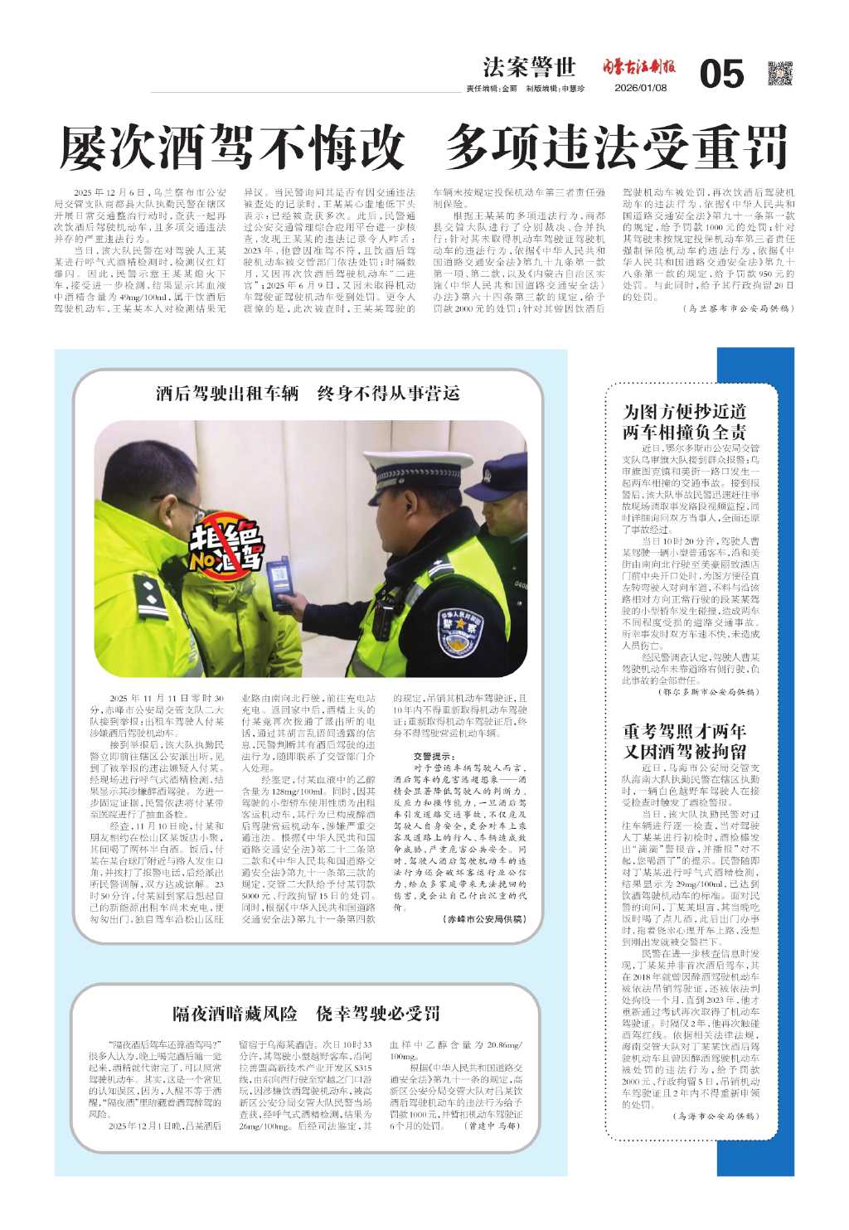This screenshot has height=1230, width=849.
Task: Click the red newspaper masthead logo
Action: click(x=638, y=67)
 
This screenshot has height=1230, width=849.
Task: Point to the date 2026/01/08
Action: click(x=640, y=89)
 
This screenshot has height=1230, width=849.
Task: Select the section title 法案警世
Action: click(x=529, y=67)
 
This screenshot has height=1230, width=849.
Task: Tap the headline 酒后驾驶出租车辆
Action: click(x=227, y=393)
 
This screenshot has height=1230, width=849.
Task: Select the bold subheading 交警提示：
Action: click(x=434, y=756)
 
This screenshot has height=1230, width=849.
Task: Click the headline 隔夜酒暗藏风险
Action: click(x=235, y=1013)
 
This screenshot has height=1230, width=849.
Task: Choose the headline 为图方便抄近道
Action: click(x=684, y=411)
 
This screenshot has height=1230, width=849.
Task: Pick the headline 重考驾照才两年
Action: click(x=684, y=731)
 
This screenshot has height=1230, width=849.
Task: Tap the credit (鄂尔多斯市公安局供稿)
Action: click(x=708, y=691)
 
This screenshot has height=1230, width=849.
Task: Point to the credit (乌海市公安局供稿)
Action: click(x=715, y=1116)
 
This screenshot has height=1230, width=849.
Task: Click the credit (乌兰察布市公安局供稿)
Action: click(x=728, y=308)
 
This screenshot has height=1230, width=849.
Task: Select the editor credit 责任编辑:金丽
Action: click(x=492, y=89)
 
